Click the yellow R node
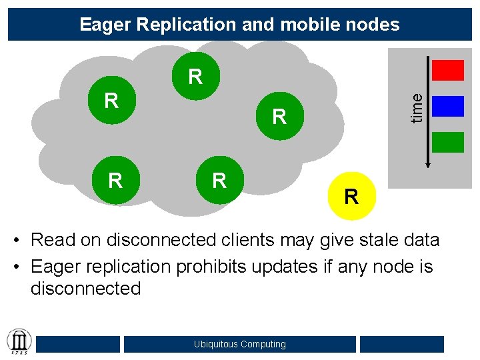tap(352, 196)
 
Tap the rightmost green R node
tap(279, 117)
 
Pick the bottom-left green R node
tap(115, 180)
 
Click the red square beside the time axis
tap(448, 71)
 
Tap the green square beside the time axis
tap(448, 142)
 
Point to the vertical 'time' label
tap(417, 107)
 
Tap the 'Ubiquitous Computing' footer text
tap(240, 344)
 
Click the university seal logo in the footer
tap(18, 341)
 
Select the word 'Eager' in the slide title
tap(106, 25)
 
